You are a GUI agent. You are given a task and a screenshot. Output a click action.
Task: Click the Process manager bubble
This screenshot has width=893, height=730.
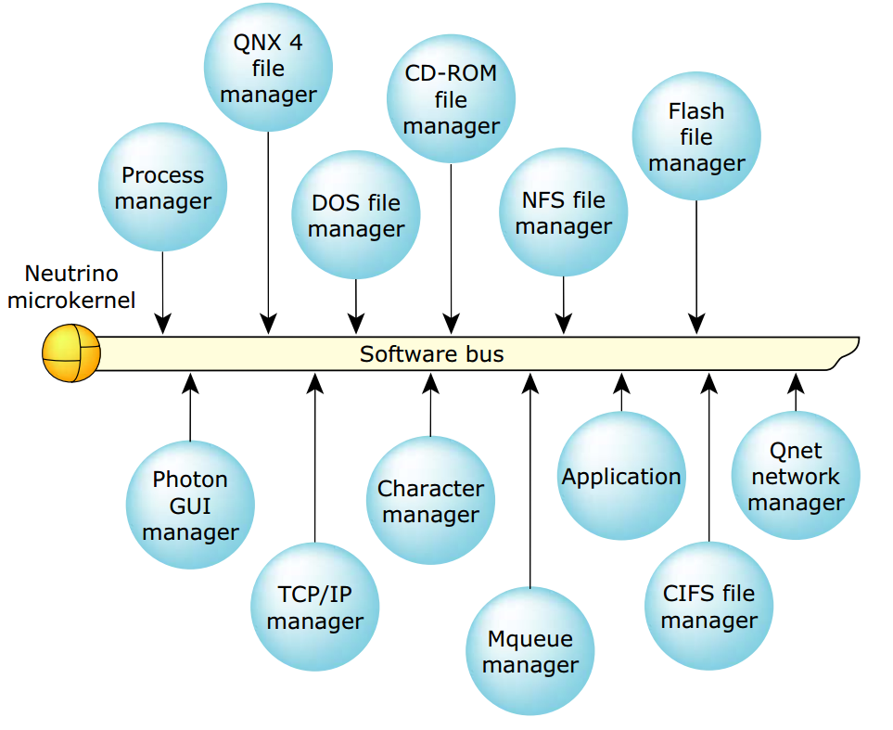tap(162, 187)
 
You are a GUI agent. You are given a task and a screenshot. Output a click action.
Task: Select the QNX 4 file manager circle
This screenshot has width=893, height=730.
tap(268, 68)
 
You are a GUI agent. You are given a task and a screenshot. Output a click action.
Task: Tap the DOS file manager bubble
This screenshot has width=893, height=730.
tap(356, 215)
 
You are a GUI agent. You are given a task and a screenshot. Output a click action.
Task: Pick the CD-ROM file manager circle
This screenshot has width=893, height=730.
tap(451, 99)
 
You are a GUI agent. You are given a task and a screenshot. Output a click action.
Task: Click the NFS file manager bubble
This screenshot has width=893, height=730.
tap(563, 212)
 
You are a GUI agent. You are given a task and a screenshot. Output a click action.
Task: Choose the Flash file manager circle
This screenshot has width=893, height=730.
tap(695, 136)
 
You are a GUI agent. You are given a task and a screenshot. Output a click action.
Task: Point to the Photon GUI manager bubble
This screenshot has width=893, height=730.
tap(190, 506)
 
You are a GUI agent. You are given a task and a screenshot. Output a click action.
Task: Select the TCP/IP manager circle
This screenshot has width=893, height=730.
tap(314, 608)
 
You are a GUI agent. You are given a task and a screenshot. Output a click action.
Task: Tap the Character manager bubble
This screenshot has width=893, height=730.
tap(430, 501)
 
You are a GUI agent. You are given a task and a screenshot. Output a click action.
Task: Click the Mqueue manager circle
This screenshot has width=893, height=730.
tap(529, 651)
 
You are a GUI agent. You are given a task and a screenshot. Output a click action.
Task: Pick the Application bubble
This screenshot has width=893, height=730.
tap(621, 477)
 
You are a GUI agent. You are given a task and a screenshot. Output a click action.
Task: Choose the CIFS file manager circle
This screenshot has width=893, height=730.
tap(708, 607)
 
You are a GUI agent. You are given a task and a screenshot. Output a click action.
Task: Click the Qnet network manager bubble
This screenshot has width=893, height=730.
tap(796, 476)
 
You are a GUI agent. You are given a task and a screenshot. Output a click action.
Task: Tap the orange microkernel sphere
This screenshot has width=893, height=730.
tap(71, 353)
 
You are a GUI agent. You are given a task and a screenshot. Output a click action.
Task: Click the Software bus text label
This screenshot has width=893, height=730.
tap(431, 353)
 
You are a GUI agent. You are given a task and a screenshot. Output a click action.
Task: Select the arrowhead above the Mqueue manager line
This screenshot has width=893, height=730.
tap(529, 381)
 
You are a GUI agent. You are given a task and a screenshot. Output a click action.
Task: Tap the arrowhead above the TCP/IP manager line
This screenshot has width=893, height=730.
tap(314, 381)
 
